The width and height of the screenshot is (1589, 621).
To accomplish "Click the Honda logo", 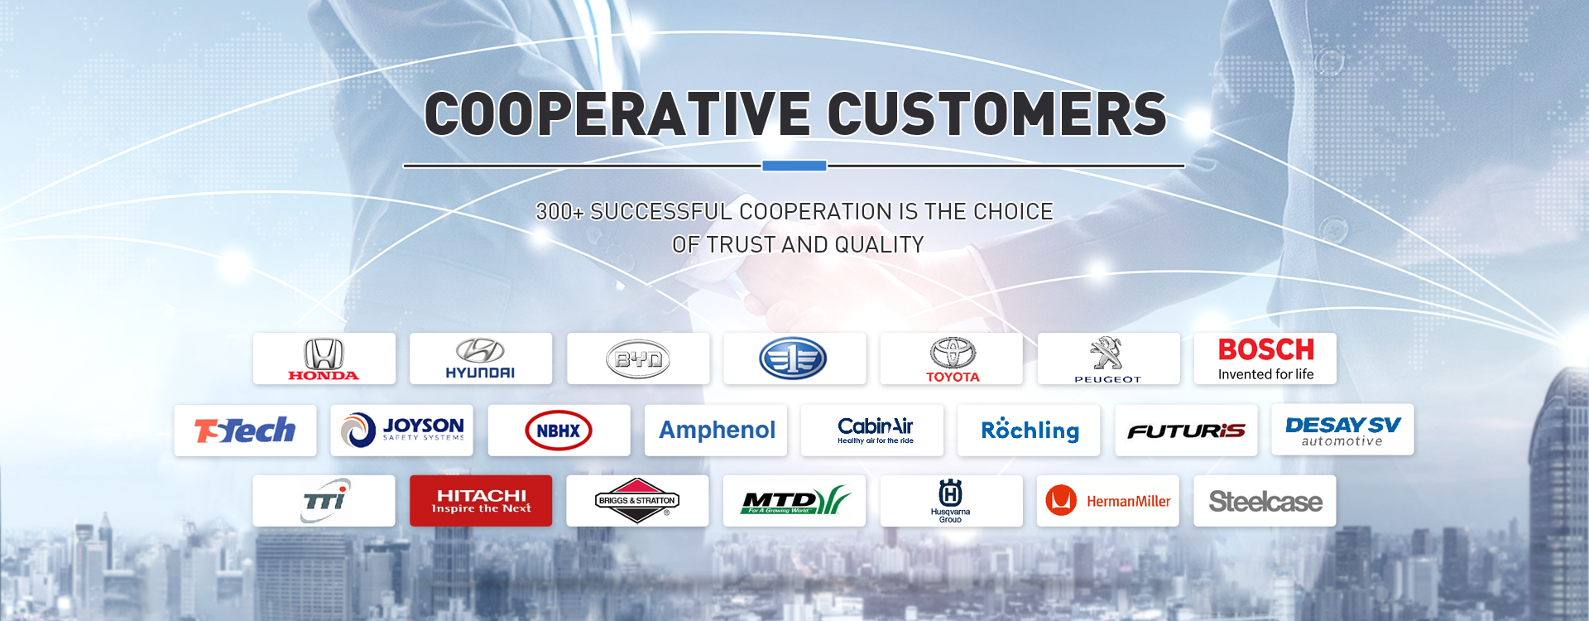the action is pos(324,359).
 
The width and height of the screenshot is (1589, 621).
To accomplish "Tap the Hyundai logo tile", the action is pos(481,359).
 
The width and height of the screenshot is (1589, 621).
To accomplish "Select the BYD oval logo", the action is pos(638,359).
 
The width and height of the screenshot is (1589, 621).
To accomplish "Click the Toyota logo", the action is pos(953,359).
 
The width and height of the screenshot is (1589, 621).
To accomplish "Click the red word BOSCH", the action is pos(1266,349).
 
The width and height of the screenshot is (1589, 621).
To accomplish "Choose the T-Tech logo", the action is pos(245,430).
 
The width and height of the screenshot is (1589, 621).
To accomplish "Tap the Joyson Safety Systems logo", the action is pos(402,430).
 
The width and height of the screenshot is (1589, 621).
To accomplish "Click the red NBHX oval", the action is pos(559,431).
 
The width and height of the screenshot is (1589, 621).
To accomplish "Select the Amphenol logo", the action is pos(717,430).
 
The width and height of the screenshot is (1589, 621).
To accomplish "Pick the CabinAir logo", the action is pos(876,430).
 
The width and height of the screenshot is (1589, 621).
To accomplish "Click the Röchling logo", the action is pos(1030,430).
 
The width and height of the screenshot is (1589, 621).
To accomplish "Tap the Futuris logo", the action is pos(1186,431).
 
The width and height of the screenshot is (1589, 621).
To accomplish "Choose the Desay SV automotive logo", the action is pos(1342,431).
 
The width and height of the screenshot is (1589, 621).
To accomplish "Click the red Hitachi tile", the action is pos(481,501).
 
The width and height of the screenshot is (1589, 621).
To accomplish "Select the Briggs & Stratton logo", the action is pos(637,501).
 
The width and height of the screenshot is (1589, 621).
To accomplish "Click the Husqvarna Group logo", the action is pos(951,501).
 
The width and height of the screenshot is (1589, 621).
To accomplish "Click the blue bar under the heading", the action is pos(794,166).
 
